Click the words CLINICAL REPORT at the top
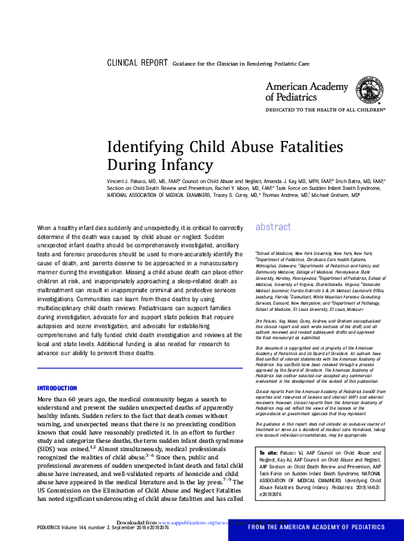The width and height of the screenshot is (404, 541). (137, 63)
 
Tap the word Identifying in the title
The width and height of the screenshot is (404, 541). (143, 146)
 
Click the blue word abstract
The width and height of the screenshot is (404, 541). (273, 226)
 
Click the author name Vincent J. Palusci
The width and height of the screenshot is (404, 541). (129, 179)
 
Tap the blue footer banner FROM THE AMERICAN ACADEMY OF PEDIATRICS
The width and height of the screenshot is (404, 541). (316, 526)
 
